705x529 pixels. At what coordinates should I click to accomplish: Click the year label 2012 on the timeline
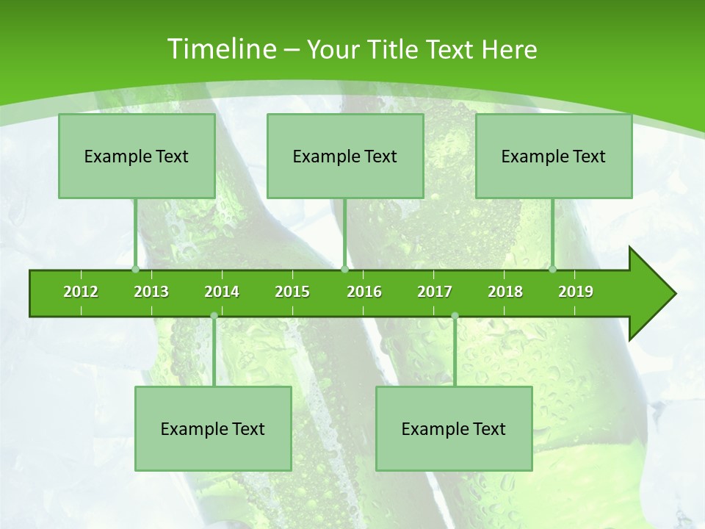[81, 292]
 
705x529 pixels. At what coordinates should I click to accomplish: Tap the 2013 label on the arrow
[151, 292]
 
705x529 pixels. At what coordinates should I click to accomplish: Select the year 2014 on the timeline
[222, 292]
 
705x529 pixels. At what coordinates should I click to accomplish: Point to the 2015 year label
[292, 292]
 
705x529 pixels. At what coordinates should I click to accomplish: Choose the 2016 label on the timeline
[364, 292]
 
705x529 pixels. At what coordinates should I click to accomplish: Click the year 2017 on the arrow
[435, 292]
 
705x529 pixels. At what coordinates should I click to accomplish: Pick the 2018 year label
[505, 292]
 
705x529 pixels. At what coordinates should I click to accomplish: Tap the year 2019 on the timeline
[576, 292]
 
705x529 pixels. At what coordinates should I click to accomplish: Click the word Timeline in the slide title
[220, 49]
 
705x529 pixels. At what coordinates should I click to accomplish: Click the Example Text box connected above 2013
[137, 156]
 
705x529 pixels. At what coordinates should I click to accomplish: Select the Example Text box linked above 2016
[345, 156]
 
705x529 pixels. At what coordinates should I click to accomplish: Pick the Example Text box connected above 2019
[554, 156]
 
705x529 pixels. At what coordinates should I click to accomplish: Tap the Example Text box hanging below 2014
[213, 428]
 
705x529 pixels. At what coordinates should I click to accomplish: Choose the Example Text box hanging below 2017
[454, 428]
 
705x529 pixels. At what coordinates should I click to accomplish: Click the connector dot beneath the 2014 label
[214, 316]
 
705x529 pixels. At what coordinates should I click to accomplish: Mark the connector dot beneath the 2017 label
[455, 316]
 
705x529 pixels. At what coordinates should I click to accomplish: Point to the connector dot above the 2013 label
[136, 269]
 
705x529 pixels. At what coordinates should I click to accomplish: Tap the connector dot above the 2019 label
[553, 269]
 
